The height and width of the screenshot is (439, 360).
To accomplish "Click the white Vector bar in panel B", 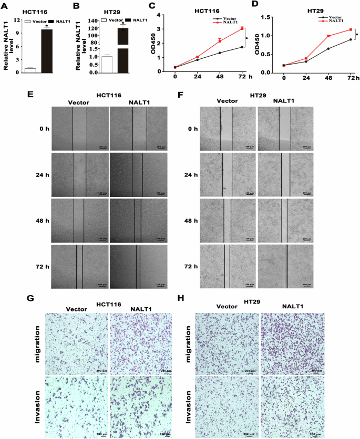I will click(x=107, y=64).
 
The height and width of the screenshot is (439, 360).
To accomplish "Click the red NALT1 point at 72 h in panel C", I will click(x=242, y=28).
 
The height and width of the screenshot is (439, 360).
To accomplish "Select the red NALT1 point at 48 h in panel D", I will click(x=328, y=36).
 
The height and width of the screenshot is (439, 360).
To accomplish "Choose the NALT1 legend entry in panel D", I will click(x=336, y=22).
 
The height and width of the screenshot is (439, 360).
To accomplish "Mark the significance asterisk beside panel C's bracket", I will click(x=250, y=37).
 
